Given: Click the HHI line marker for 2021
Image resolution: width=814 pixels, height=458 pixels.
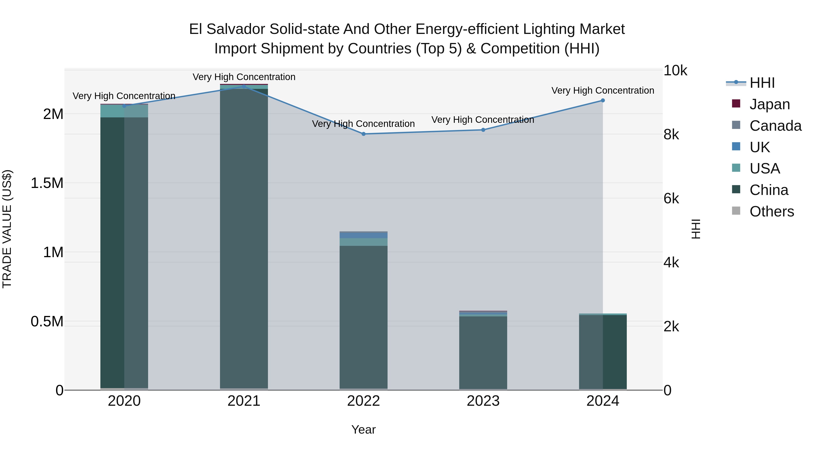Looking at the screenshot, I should [244, 86].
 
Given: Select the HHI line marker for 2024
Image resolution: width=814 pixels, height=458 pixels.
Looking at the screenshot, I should [603, 100].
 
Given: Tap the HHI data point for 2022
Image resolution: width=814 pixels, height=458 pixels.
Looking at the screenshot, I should [363, 134].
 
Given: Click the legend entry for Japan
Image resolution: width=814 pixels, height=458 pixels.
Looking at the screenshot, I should [769, 104].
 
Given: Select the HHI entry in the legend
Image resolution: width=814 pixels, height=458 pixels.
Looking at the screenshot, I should [762, 83].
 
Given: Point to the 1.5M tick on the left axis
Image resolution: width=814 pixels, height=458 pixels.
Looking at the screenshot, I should [47, 183].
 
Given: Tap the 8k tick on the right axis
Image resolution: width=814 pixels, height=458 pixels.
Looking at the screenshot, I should [671, 135].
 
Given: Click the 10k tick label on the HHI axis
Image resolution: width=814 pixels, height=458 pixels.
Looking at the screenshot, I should [675, 71].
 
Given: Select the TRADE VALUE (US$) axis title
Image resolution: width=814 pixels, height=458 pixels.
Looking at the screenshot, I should [7, 229].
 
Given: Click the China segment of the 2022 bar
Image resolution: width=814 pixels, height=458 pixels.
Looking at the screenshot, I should [363, 316].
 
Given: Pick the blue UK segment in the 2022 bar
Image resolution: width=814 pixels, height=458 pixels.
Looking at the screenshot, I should [363, 235].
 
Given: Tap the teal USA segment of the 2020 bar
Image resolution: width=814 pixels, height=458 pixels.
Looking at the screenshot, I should [124, 111].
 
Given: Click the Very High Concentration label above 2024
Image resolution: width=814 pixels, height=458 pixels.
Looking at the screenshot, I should [603, 91].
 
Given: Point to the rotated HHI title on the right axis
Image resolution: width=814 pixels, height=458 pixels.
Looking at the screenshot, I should [696, 229].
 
